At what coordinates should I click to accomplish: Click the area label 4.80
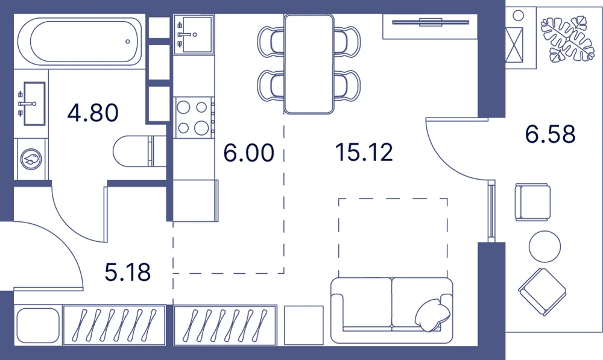[93, 113]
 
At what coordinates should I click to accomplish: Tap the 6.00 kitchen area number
[249, 153]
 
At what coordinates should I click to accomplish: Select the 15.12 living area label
[364, 152]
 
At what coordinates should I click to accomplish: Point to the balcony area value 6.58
[551, 134]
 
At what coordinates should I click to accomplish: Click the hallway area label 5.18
[128, 273]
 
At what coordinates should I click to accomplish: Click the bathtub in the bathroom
[80, 41]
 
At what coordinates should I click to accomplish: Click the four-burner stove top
[194, 118]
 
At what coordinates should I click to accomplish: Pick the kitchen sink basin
[194, 34]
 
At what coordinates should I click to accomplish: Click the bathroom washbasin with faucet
[32, 104]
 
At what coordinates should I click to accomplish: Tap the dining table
[309, 65]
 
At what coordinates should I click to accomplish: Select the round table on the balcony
[545, 246]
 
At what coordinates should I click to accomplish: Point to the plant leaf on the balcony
[567, 39]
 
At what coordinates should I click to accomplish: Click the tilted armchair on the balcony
[542, 292]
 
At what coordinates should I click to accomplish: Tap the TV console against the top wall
[430, 27]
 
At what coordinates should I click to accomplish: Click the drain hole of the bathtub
[128, 42]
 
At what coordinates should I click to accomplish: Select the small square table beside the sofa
[304, 326]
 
